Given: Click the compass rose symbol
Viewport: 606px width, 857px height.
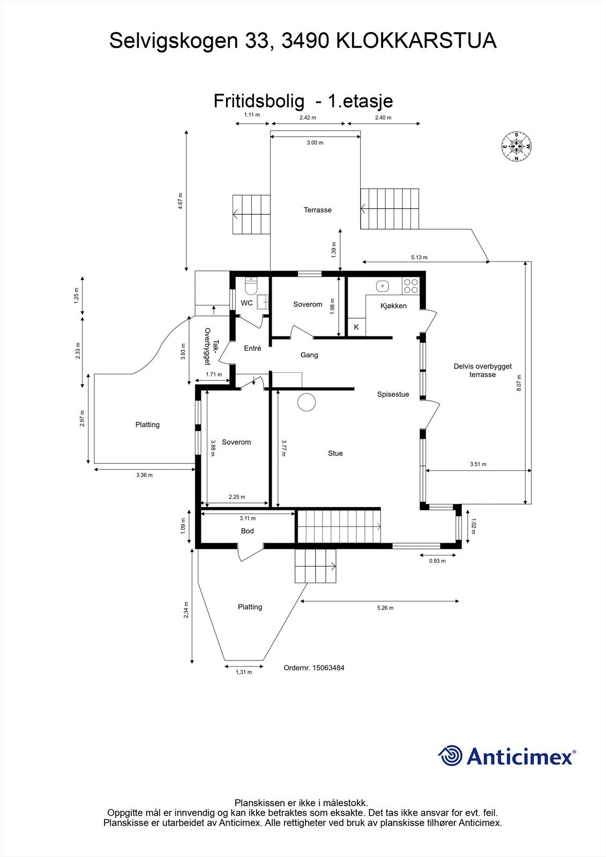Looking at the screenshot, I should coord(517,146).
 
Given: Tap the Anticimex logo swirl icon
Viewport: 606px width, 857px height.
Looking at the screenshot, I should coord(451,756).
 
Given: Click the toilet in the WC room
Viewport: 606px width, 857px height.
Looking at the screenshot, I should coord(250,287).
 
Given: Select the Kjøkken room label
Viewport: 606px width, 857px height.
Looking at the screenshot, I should coord(393,306).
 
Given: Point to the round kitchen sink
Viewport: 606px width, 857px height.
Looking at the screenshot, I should coord(383,286).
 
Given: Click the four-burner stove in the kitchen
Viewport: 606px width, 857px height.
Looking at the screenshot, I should coord(411,286).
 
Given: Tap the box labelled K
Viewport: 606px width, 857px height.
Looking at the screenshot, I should coord(356,327).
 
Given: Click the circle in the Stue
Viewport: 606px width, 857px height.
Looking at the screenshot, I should coord(307,402).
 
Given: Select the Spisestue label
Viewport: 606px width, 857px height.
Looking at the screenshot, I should coord(393,394).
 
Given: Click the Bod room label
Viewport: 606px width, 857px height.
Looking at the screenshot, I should coord(247,531).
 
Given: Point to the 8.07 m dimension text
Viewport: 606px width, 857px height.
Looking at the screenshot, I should coord(519,383).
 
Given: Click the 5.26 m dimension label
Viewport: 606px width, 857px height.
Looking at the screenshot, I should coord(385,608).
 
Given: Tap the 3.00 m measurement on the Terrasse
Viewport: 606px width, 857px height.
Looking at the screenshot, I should coord(315,143).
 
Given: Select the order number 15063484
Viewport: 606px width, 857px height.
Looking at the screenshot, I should coord(313,668).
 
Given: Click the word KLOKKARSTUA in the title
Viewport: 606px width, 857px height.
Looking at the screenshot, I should coord(416,41).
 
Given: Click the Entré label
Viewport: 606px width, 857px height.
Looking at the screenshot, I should coord(252,348).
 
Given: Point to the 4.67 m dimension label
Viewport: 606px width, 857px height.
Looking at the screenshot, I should coord(181,201).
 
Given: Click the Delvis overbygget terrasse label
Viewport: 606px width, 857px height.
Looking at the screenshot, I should coord(482,370).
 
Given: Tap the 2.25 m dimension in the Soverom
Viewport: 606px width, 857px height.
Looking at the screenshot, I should coord(237,497).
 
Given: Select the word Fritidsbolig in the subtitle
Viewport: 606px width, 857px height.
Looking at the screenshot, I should coord(259,101).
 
